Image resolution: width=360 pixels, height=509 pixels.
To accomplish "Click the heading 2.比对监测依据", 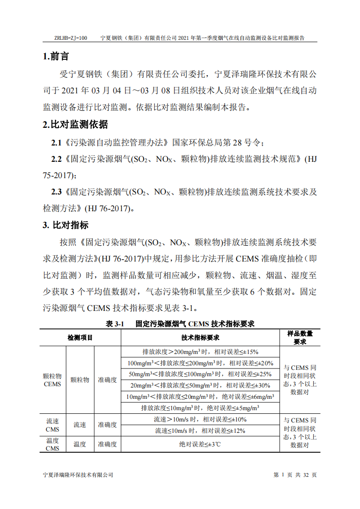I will (75, 125).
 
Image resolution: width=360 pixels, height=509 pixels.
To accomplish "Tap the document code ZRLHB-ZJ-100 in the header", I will (70, 39).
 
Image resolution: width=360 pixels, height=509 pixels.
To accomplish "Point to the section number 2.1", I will (56, 143).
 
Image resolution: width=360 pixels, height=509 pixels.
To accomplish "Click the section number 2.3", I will (56, 192).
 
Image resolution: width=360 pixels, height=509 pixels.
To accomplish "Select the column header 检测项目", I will (80, 338).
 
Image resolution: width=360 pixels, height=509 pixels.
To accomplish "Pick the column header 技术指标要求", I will (200, 338).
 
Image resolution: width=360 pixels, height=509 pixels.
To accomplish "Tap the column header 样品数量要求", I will (300, 338).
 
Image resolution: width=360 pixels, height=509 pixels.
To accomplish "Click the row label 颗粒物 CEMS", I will (53, 380).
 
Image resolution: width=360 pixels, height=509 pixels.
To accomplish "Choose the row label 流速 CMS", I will (53, 425).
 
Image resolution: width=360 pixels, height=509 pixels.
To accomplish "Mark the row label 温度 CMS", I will (53, 444).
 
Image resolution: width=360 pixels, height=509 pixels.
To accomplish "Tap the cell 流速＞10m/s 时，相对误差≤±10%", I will (200, 420).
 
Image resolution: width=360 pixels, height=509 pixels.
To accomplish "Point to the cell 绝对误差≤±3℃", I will (200, 444).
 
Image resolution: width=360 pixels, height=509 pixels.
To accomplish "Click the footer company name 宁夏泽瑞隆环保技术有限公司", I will (78, 475).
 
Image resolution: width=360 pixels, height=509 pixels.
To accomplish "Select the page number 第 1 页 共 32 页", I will (295, 475).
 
